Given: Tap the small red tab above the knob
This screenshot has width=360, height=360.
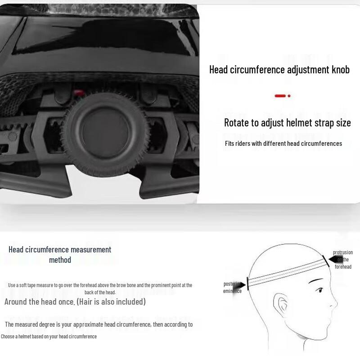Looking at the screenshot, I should point(80,92).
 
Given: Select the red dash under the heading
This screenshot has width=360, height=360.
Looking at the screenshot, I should point(280,96).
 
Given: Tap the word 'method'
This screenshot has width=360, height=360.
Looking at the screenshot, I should point(60,260).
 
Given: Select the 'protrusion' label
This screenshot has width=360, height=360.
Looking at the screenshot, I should point(343,252).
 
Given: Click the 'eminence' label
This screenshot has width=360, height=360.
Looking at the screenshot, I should point(232,291).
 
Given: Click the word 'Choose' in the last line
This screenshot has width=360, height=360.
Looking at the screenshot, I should point(9,336).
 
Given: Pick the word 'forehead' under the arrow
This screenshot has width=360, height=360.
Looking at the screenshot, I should point(343,267).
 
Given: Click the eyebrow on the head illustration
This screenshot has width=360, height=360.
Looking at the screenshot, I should point(316,281).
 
